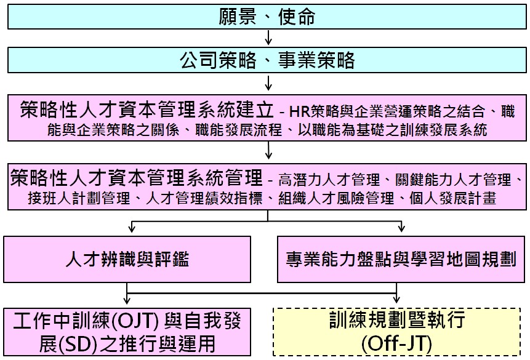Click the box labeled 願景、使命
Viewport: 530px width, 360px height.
(x=267, y=17)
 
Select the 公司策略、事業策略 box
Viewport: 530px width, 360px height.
(x=267, y=60)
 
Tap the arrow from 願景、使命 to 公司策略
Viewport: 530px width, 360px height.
(x=268, y=38)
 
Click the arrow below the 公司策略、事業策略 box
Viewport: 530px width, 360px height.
(x=268, y=83)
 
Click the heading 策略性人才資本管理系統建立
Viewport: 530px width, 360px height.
(x=147, y=110)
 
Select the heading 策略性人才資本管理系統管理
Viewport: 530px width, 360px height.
(x=136, y=177)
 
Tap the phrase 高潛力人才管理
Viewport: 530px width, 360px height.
(x=329, y=180)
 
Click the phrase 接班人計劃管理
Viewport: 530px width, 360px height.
(x=79, y=198)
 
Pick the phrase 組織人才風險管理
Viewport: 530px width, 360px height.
(x=336, y=198)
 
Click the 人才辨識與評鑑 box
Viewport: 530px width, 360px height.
(x=127, y=259)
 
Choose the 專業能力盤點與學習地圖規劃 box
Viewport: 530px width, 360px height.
(x=401, y=259)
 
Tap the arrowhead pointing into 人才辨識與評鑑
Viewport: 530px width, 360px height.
(x=132, y=228)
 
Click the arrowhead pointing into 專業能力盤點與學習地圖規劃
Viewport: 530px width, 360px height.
(x=401, y=228)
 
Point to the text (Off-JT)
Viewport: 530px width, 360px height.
(x=396, y=344)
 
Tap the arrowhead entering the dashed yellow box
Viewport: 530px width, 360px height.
(x=396, y=300)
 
